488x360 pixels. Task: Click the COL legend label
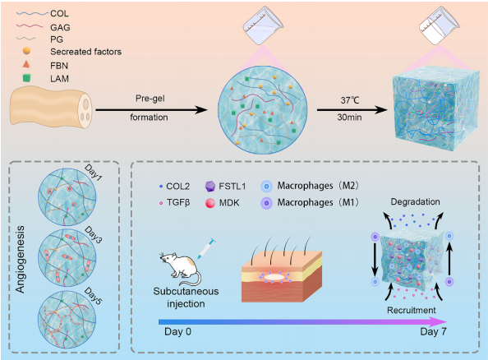pyautogui.click(x=59, y=13)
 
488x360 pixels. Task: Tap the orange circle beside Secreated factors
pyautogui.click(x=27, y=50)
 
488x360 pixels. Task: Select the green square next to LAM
pyautogui.click(x=27, y=77)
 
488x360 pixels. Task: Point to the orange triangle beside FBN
pyautogui.click(x=26, y=64)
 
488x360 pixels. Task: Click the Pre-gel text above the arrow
pyautogui.click(x=150, y=99)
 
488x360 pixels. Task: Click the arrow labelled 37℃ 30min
pyautogui.click(x=352, y=109)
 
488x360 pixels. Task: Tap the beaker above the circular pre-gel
pyautogui.click(x=263, y=25)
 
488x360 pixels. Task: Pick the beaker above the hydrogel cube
pyautogui.click(x=440, y=25)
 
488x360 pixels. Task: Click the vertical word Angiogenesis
pyautogui.click(x=20, y=260)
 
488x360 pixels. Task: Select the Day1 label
pyautogui.click(x=93, y=173)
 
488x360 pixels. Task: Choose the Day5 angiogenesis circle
pyautogui.click(x=67, y=320)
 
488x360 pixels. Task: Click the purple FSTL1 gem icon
pyautogui.click(x=210, y=187)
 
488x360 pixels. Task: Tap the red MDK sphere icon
pyautogui.click(x=210, y=203)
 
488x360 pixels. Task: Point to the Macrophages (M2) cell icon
pyautogui.click(x=266, y=187)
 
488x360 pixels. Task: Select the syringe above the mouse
pyautogui.click(x=205, y=249)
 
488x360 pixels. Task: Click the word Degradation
pyautogui.click(x=415, y=202)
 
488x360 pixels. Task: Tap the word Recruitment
pyautogui.click(x=411, y=310)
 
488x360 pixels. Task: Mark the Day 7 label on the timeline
pyautogui.click(x=433, y=332)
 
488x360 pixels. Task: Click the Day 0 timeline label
pyautogui.click(x=177, y=332)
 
